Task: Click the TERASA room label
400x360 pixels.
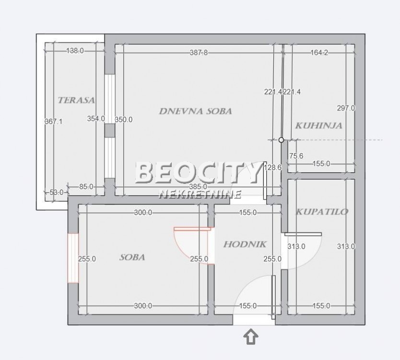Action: click(x=76, y=100)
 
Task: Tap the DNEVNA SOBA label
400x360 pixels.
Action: click(x=195, y=111)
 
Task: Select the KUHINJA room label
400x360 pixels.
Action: click(x=318, y=126)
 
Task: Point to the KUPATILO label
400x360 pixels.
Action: click(x=322, y=211)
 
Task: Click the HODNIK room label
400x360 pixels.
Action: click(x=245, y=244)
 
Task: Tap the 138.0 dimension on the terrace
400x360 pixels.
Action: click(x=74, y=50)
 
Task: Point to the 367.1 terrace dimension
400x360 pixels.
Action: click(x=54, y=121)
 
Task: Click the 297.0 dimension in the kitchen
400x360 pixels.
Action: click(x=346, y=108)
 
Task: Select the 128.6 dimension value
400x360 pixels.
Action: click(x=272, y=167)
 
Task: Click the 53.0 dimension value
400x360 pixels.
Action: click(x=57, y=192)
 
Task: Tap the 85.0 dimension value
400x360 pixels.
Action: click(x=86, y=187)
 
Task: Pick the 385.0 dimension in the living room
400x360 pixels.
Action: click(x=198, y=187)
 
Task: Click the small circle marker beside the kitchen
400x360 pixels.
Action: click(x=282, y=140)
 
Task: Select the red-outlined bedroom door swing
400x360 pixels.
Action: click(x=189, y=242)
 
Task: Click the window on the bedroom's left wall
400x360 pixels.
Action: click(x=72, y=258)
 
